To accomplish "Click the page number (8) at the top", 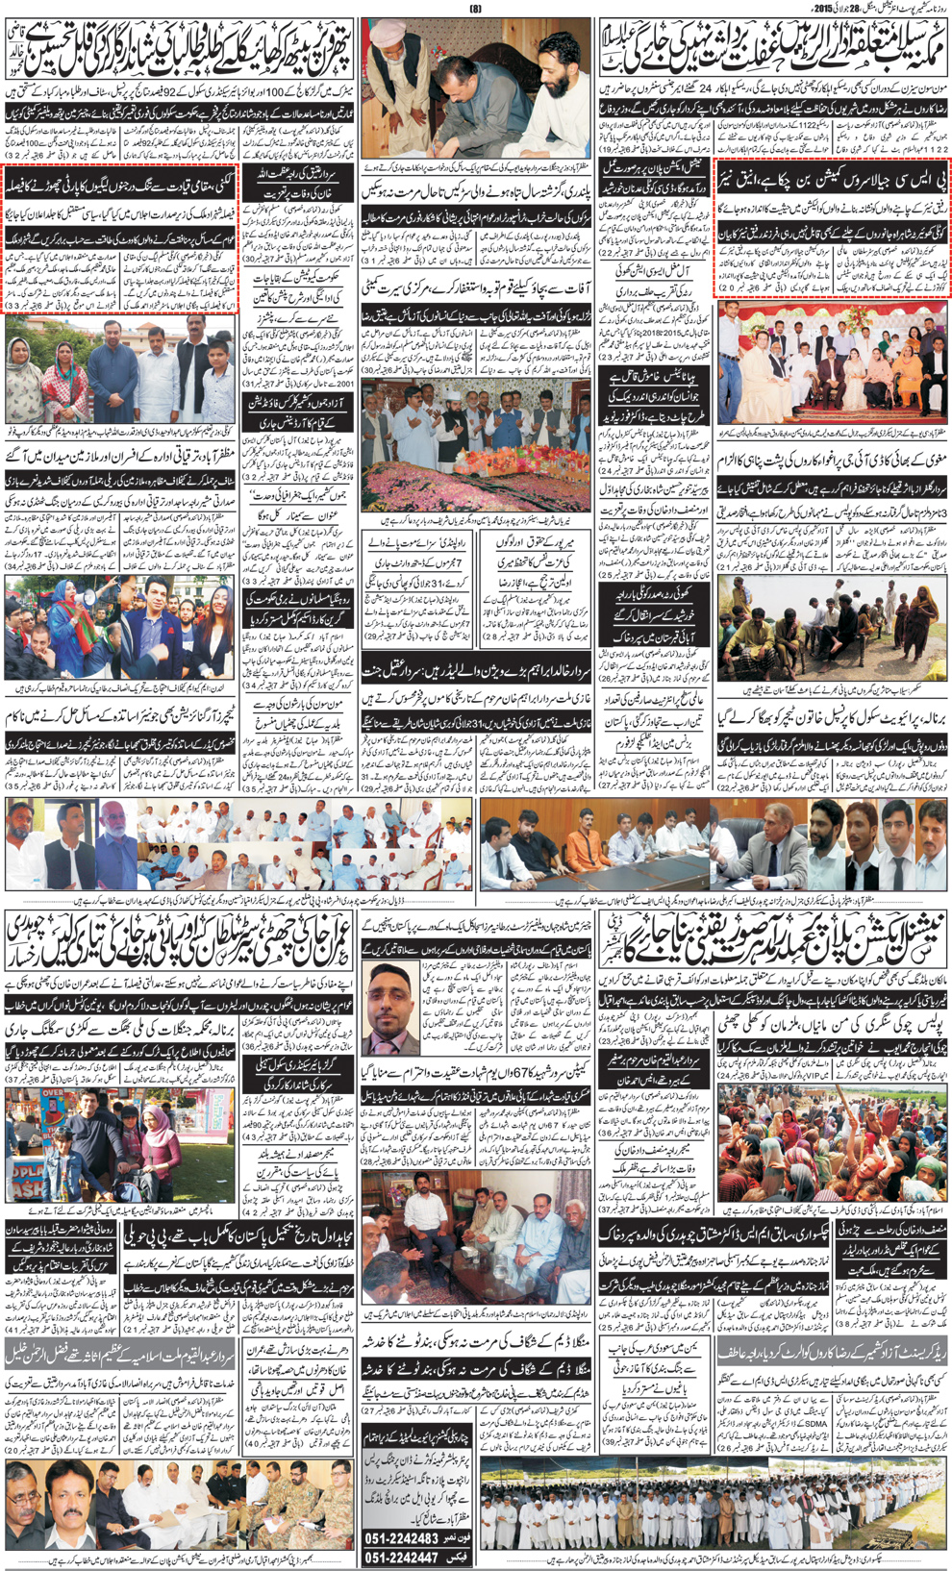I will point(474,8).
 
